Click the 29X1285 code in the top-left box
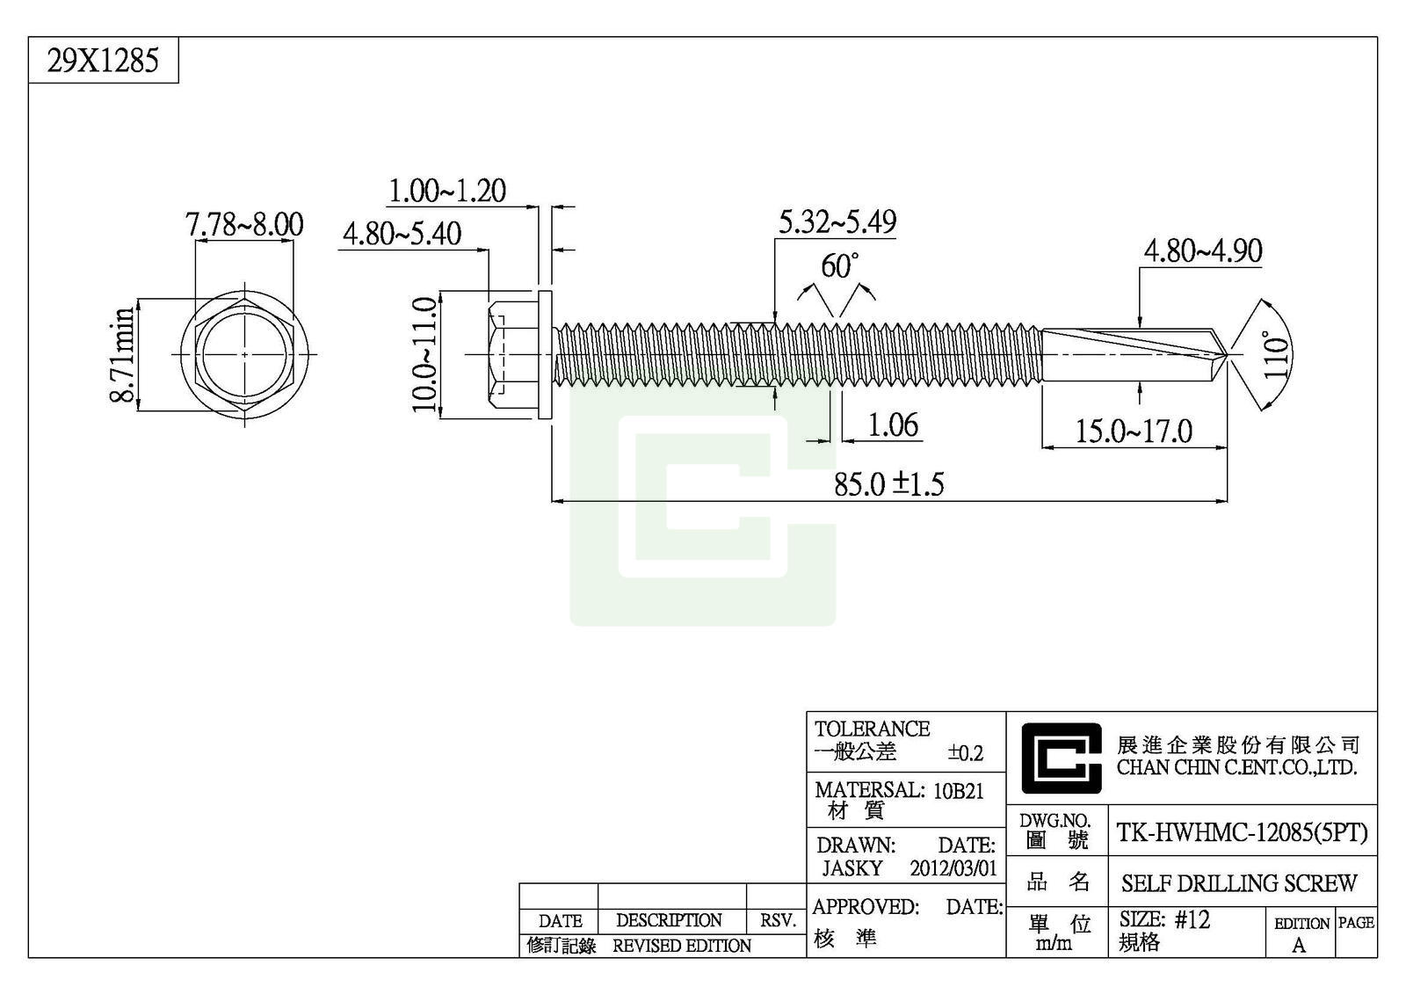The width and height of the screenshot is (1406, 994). pyautogui.click(x=103, y=62)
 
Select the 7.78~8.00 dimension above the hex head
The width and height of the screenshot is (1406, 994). pyautogui.click(x=244, y=224)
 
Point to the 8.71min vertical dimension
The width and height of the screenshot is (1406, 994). pyautogui.click(x=124, y=354)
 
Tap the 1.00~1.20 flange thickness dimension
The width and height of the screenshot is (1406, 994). pyautogui.click(x=447, y=191)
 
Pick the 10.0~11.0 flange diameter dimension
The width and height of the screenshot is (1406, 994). pyautogui.click(x=425, y=354)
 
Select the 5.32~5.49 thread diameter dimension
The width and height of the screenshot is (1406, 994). pyautogui.click(x=837, y=222)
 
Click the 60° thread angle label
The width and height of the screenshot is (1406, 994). pyautogui.click(x=839, y=265)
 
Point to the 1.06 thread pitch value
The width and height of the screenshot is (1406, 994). pyautogui.click(x=893, y=425)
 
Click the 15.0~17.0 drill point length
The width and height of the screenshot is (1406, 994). pyautogui.click(x=1134, y=432)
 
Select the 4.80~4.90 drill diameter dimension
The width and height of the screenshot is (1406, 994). pyautogui.click(x=1201, y=251)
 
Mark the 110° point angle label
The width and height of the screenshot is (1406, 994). pyautogui.click(x=1277, y=354)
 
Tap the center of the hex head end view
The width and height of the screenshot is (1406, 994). pyautogui.click(x=244, y=354)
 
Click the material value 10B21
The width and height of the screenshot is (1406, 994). pyautogui.click(x=958, y=791)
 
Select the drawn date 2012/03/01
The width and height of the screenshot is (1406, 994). pyautogui.click(x=953, y=869)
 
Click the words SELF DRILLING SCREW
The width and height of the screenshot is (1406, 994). pyautogui.click(x=1239, y=883)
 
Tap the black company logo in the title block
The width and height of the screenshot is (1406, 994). pyautogui.click(x=1061, y=758)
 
